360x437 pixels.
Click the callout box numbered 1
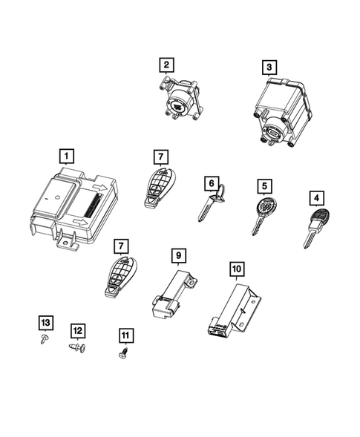[68, 156]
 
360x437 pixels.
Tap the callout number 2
[167, 65]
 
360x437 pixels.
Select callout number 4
[317, 198]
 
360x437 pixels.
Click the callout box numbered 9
[178, 256]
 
